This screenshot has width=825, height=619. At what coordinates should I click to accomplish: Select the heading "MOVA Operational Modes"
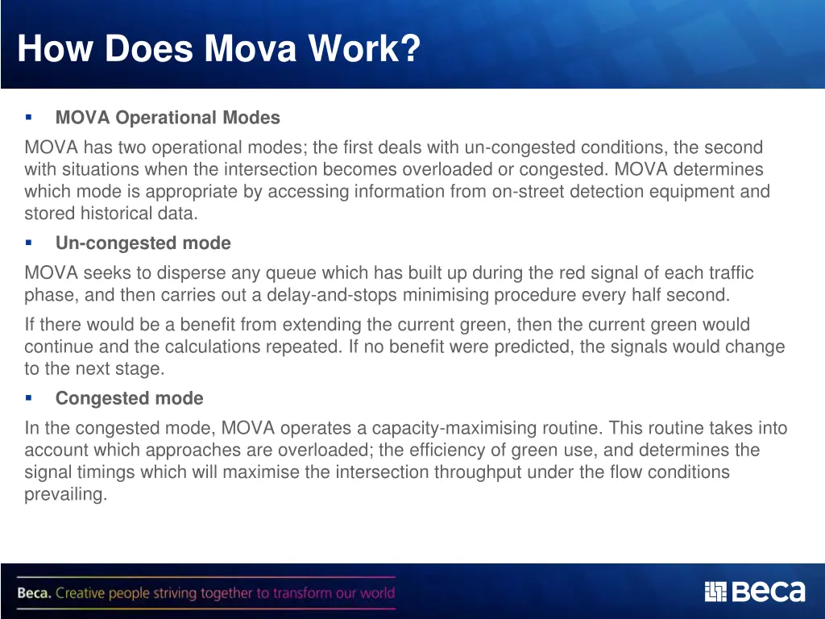[168, 118]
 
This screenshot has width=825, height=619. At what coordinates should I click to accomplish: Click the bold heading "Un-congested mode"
[143, 243]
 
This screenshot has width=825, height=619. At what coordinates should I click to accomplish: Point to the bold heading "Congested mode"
[129, 398]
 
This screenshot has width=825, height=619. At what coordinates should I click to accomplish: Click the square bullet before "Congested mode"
[28, 397]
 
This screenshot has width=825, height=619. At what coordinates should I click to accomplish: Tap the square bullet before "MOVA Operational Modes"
[28, 117]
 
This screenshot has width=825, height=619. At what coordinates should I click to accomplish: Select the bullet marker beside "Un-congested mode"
[28, 243]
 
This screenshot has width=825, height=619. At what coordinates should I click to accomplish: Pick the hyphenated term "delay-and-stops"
[334, 295]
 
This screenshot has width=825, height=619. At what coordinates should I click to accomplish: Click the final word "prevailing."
[65, 494]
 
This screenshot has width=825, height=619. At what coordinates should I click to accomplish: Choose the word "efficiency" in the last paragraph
[443, 450]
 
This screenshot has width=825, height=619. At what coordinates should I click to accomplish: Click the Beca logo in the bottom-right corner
[754, 592]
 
